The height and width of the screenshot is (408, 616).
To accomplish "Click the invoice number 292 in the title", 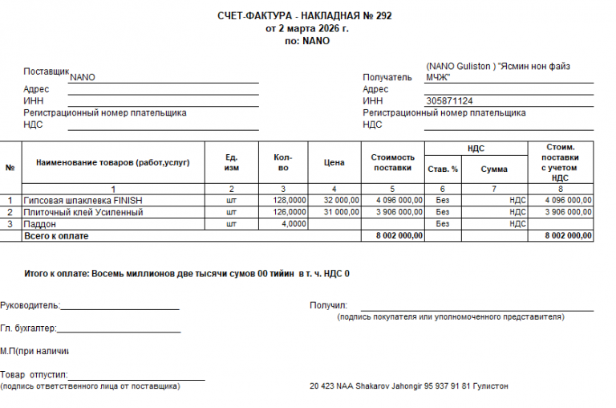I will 384,16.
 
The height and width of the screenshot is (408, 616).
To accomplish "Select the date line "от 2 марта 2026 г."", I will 307,28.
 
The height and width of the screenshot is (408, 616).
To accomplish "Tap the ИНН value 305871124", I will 450,101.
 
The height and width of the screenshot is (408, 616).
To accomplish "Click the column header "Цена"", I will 334,162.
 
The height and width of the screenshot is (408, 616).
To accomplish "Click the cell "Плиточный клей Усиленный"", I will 83,212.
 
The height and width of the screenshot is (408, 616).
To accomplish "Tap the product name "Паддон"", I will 39,224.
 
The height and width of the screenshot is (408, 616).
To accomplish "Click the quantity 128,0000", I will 290,200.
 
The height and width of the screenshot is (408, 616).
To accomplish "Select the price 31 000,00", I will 340,212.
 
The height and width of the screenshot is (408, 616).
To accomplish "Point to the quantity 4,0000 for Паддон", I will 294,224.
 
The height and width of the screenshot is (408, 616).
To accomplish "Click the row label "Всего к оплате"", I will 56,236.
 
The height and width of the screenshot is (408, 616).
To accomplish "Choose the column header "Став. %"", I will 443,169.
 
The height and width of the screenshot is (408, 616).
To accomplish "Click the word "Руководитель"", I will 30,305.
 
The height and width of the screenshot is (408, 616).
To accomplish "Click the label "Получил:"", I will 328,305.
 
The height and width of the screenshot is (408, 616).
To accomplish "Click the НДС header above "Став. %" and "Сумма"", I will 476,149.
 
